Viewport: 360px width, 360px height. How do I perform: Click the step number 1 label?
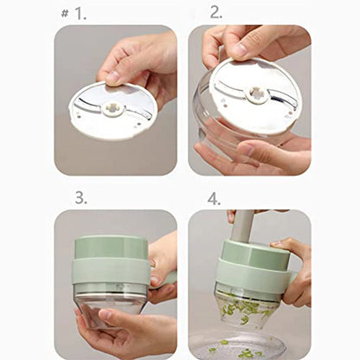[x=80, y=14]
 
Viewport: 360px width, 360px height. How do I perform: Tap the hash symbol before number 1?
[x=66, y=14]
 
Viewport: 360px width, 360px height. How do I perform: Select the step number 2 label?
[x=215, y=13]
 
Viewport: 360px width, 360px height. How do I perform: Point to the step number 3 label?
[x=80, y=197]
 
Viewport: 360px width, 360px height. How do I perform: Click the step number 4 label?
[x=214, y=197]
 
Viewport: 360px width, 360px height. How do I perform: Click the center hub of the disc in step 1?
[x=113, y=108]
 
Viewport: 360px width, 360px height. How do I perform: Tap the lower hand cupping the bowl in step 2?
[x=260, y=156]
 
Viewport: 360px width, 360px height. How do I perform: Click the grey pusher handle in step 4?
[x=245, y=225]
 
